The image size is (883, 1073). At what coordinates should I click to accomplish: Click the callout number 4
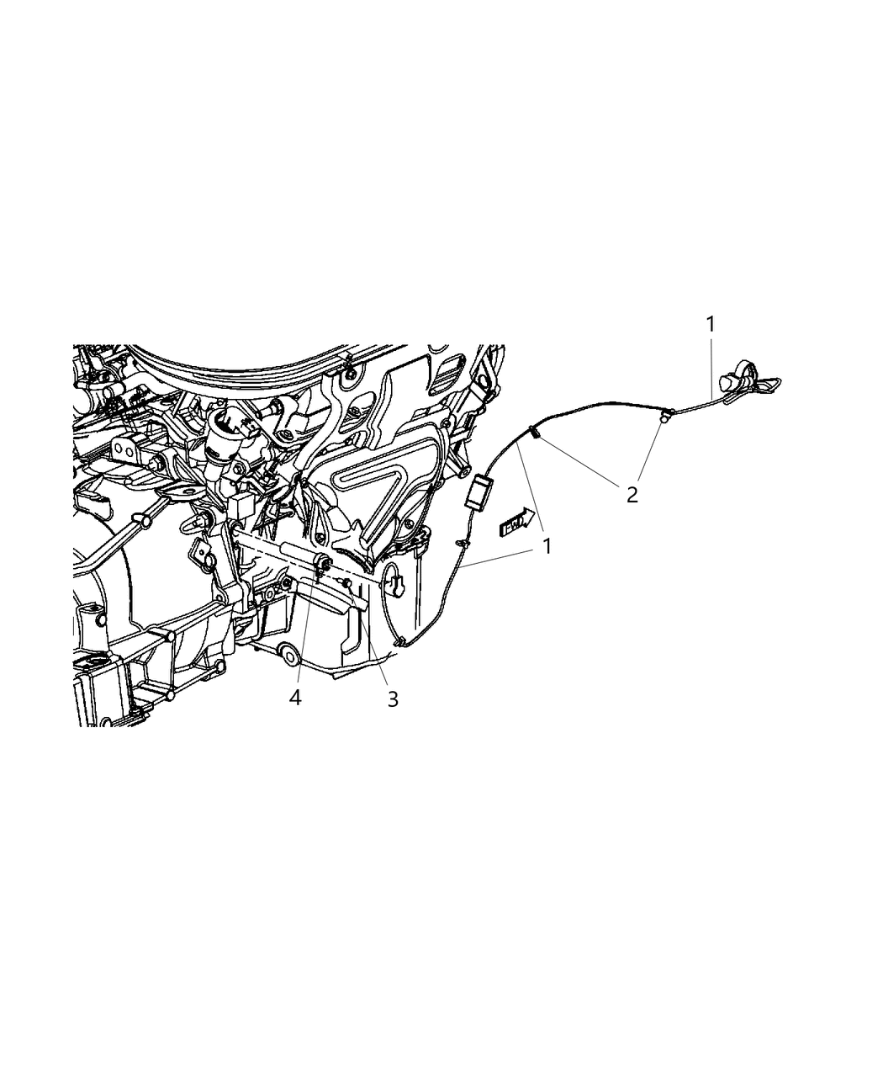click(x=295, y=698)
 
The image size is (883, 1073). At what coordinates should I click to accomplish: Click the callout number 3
click(x=393, y=699)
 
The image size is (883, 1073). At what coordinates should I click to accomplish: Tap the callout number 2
click(x=632, y=494)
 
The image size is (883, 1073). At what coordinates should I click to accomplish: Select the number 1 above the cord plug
click(x=711, y=324)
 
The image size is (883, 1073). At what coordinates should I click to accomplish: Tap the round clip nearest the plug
click(x=665, y=414)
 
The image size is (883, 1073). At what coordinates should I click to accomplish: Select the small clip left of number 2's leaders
click(x=534, y=434)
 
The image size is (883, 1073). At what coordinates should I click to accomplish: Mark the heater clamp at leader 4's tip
click(x=322, y=566)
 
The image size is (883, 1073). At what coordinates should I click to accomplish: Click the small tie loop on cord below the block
click(x=461, y=545)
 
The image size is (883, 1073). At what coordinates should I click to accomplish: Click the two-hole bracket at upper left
click(x=124, y=451)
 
